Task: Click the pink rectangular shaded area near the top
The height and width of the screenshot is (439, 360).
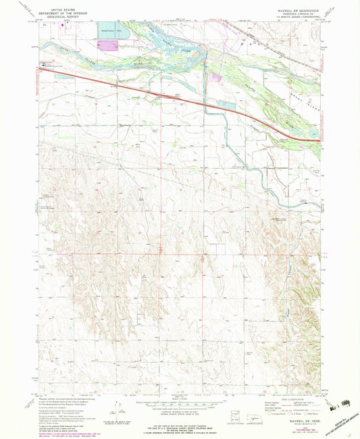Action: pos(109,45)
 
